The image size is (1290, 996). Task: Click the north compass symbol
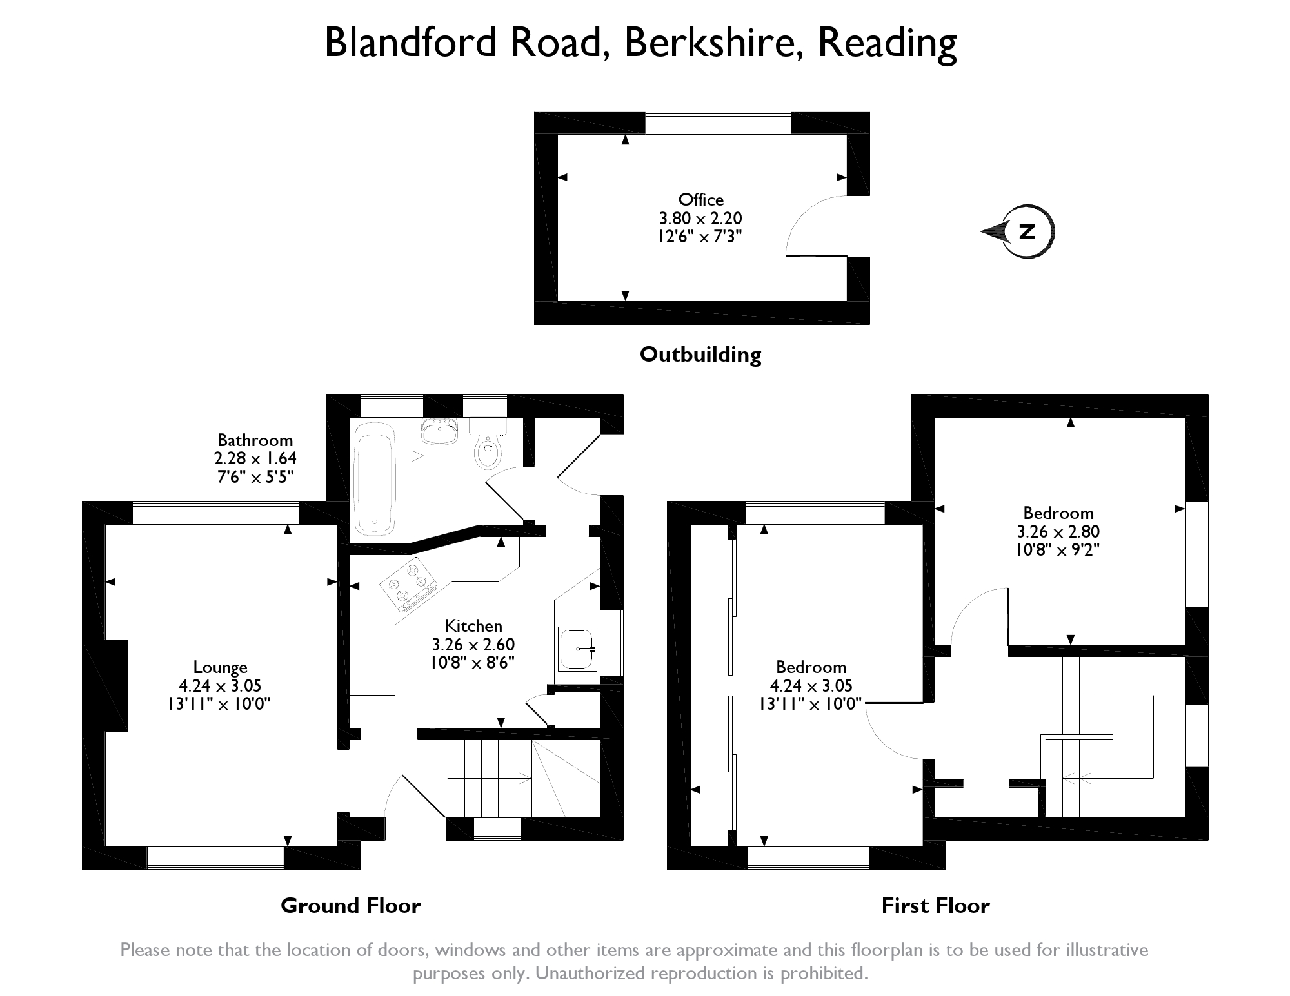(1019, 232)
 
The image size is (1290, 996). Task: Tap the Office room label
(700, 200)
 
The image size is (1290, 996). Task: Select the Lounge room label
(220, 668)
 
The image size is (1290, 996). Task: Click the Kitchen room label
(473, 626)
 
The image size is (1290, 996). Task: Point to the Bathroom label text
(255, 440)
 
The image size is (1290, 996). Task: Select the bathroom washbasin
(440, 431)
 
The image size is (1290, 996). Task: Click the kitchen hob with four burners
(408, 584)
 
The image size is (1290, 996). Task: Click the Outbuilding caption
(700, 354)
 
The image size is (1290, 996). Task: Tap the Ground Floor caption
(350, 906)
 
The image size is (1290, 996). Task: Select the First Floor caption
(935, 906)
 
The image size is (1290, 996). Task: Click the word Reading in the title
(887, 43)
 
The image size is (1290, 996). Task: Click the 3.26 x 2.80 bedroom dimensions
(1058, 532)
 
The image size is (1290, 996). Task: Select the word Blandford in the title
(410, 43)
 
